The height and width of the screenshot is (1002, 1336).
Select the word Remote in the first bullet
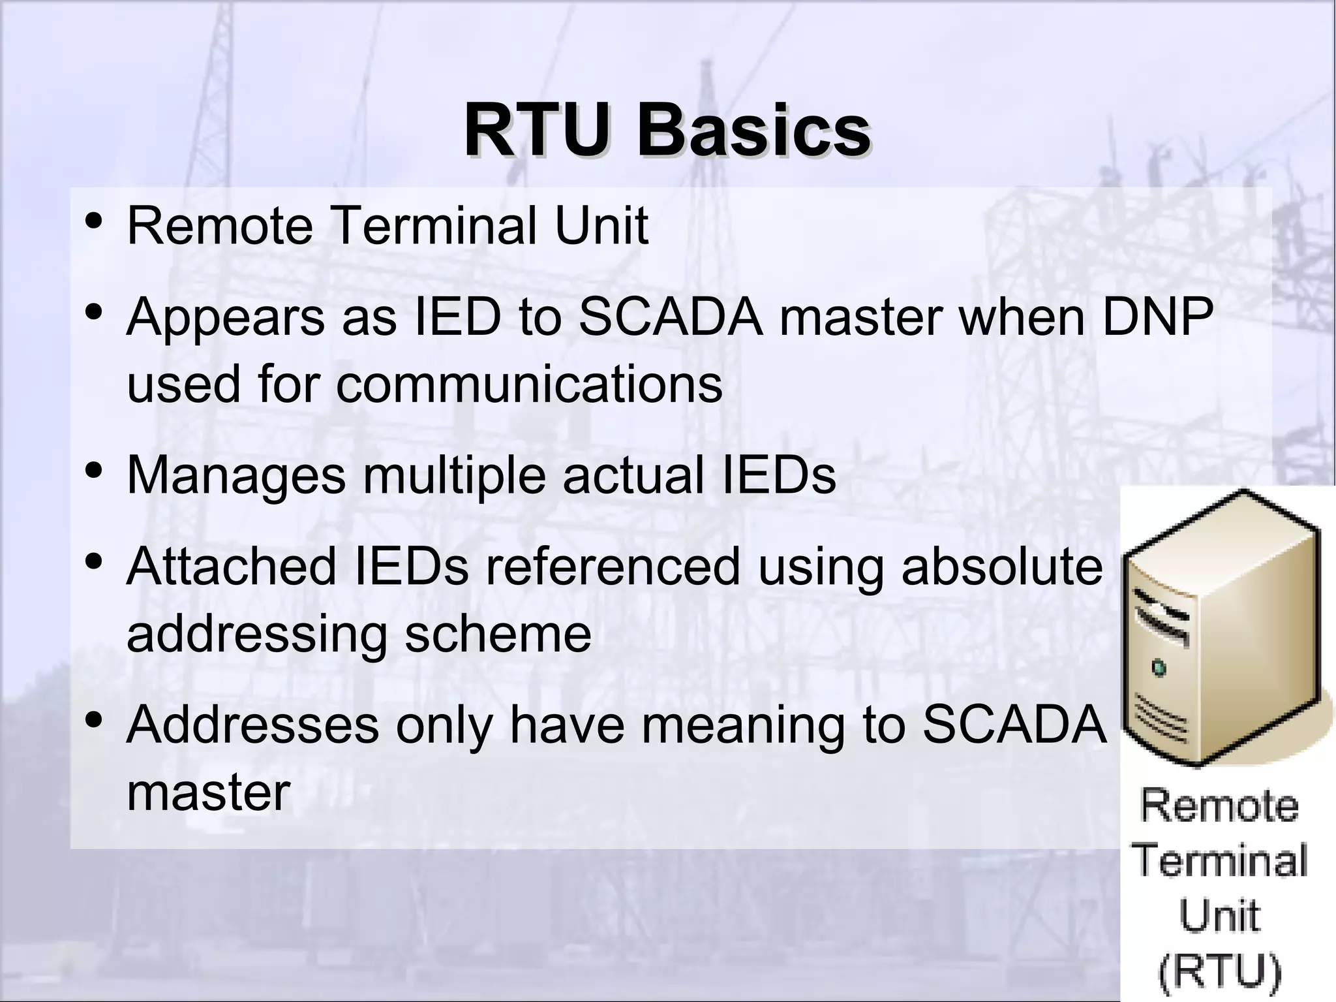(x=219, y=226)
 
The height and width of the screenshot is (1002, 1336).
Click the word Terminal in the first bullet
(x=435, y=226)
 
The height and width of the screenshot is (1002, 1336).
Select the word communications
(x=529, y=384)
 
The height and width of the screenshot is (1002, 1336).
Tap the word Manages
(x=235, y=476)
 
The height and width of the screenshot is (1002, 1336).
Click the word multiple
(x=454, y=476)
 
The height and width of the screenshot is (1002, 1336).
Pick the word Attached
(x=232, y=567)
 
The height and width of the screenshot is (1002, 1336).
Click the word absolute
(x=1001, y=567)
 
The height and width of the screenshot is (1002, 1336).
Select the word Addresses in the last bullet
(x=252, y=725)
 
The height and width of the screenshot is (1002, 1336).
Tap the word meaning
(x=743, y=726)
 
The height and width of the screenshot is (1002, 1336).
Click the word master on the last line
(x=208, y=792)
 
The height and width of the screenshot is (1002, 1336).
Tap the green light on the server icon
(x=1159, y=668)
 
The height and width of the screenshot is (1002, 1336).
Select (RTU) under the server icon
(x=1219, y=971)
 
